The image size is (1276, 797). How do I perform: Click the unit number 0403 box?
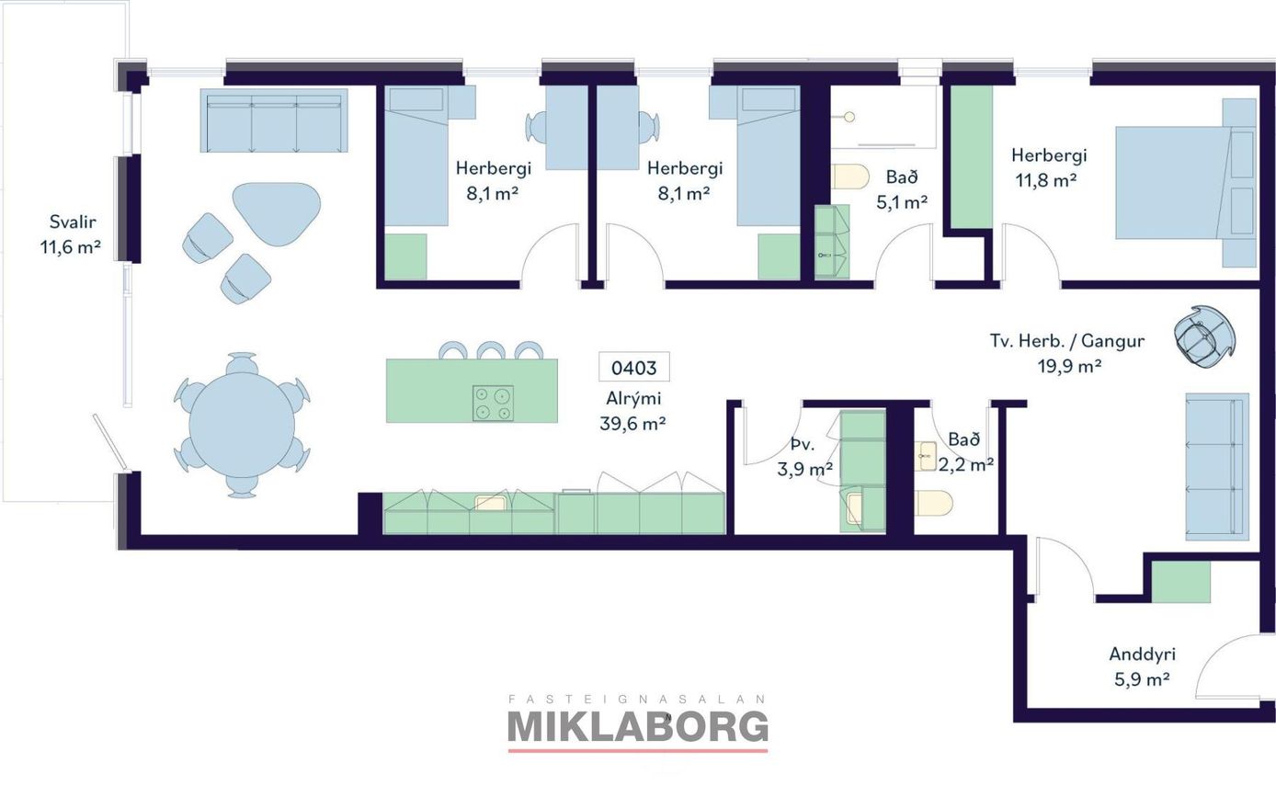click(x=634, y=367)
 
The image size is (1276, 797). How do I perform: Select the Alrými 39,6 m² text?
click(x=632, y=411)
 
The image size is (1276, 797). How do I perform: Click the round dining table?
click(x=242, y=425)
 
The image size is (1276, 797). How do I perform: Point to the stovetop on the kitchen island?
click(x=493, y=404)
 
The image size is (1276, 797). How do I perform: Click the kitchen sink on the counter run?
click(x=491, y=503)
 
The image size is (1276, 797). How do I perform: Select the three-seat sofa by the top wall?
click(x=274, y=120)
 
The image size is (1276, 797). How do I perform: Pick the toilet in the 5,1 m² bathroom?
click(x=850, y=176)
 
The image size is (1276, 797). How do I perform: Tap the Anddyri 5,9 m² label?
click(x=1142, y=666)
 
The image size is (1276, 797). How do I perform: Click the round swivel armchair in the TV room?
click(x=1205, y=336)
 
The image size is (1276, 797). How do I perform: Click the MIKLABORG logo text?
click(x=637, y=727)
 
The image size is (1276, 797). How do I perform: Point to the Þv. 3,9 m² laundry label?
click(x=804, y=457)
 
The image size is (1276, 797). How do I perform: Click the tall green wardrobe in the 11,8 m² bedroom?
click(x=973, y=156)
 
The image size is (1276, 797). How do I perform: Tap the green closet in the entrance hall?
click(x=1181, y=582)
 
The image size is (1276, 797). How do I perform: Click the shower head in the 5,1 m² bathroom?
click(x=849, y=118)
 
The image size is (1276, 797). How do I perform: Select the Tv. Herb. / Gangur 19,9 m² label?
click(x=1067, y=353)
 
